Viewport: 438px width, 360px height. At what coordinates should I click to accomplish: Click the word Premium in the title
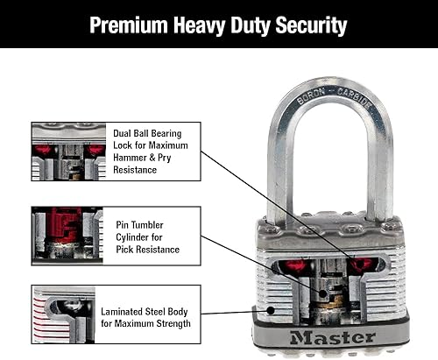pos(132,25)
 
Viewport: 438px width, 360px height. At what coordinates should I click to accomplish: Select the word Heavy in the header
pos(203,25)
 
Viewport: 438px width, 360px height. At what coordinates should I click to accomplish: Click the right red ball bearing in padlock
pos(362,265)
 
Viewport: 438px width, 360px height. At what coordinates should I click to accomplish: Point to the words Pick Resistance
pos(147,250)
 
